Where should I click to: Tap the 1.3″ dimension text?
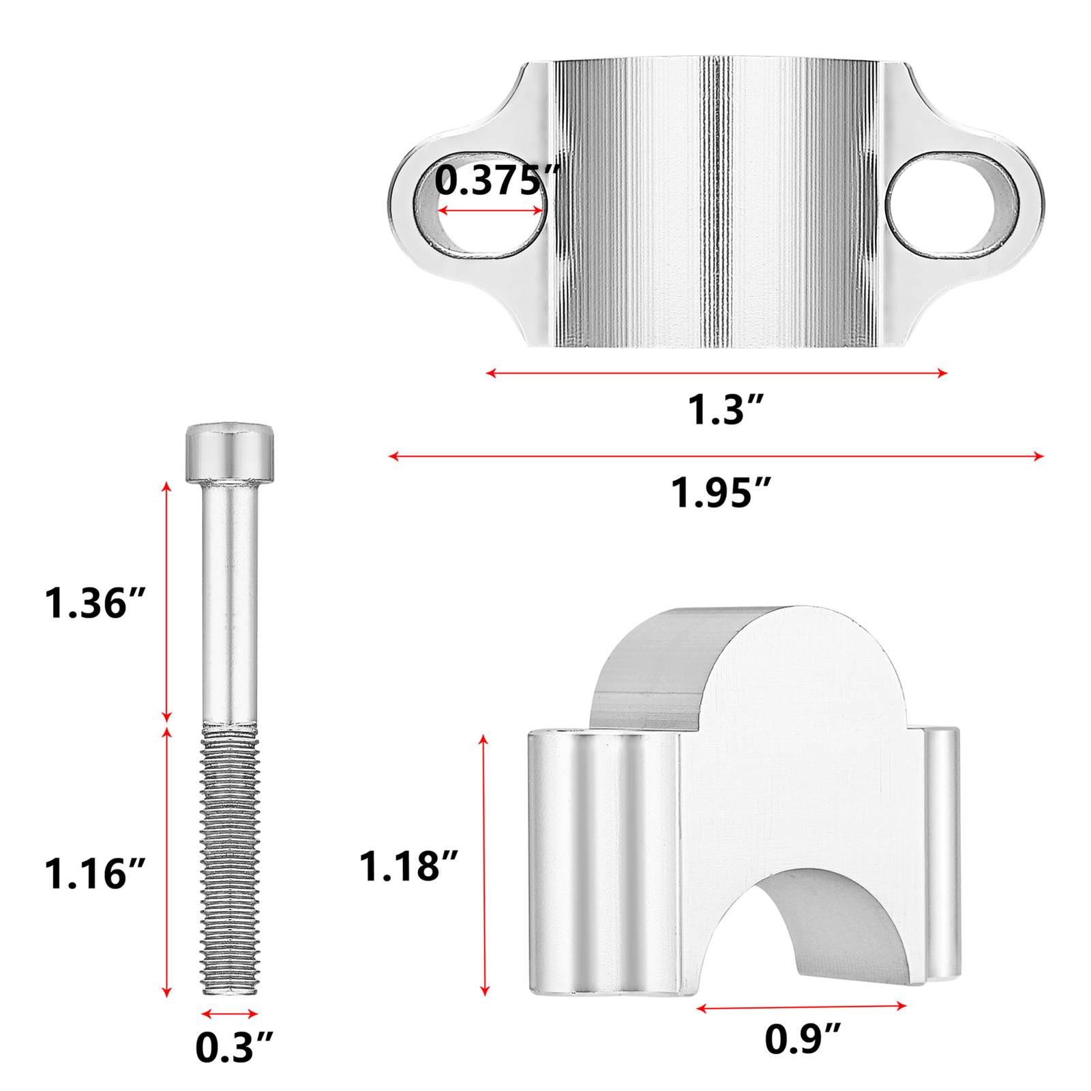pyautogui.click(x=725, y=410)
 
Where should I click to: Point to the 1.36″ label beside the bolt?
pyautogui.click(x=95, y=603)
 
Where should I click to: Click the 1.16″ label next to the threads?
pyautogui.click(x=95, y=873)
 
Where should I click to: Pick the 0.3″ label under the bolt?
pyautogui.click(x=233, y=1047)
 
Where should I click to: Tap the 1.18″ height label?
pyautogui.click(x=408, y=866)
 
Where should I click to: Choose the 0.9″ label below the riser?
pyautogui.click(x=802, y=1039)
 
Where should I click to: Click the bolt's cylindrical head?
pyautogui.click(x=230, y=452)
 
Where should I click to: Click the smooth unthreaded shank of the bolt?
pyautogui.click(x=230, y=600)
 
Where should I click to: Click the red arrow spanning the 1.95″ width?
pyautogui.click(x=716, y=456)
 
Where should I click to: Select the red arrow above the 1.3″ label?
pyautogui.click(x=716, y=373)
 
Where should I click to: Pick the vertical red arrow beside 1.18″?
pyautogui.click(x=485, y=866)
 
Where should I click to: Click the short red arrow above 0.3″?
pyautogui.click(x=230, y=1014)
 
